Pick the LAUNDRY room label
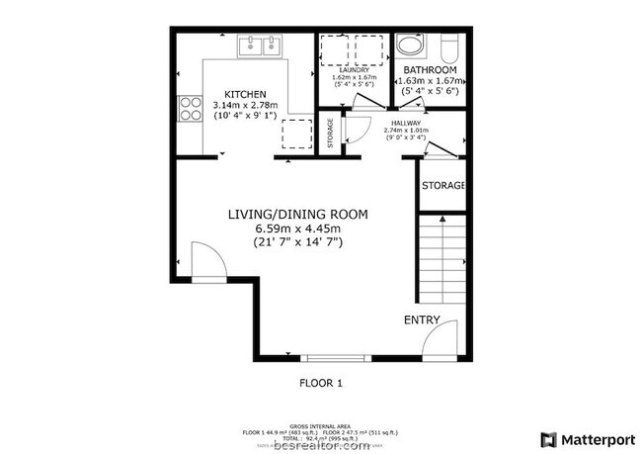pyautogui.click(x=353, y=69)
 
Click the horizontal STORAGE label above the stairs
pyautogui.click(x=442, y=186)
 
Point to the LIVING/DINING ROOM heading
pyautogui.click(x=297, y=214)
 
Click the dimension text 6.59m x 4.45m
pyautogui.click(x=297, y=228)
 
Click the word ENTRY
pyautogui.click(x=421, y=319)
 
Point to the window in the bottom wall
pyautogui.click(x=327, y=357)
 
